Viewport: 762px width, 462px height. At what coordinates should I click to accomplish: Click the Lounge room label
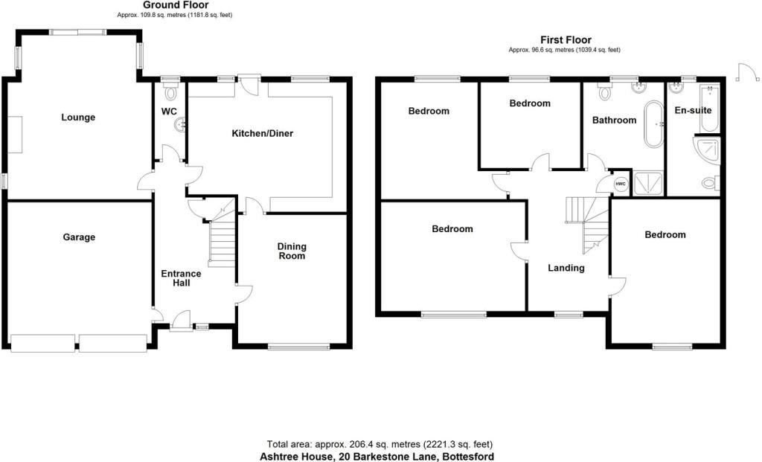coord(78,117)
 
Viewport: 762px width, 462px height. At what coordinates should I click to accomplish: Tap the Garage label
coord(78,237)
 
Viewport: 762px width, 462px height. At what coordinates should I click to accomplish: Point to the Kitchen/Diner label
coord(263,134)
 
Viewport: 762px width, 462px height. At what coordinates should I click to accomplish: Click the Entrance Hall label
coord(181,278)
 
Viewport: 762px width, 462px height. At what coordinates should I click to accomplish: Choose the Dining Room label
coord(292,251)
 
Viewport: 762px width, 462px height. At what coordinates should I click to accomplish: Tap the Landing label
coord(566,268)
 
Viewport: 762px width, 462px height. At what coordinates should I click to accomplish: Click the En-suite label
coord(694,111)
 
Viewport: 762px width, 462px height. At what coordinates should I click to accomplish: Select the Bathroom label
coord(614,120)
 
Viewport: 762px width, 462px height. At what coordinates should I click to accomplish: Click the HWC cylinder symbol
coord(619,183)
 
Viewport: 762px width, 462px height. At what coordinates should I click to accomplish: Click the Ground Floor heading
coord(176,5)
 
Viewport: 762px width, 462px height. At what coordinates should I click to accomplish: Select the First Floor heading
coord(566,40)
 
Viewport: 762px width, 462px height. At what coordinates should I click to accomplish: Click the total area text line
coord(380,445)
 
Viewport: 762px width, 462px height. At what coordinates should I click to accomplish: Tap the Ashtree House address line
coord(377,456)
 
